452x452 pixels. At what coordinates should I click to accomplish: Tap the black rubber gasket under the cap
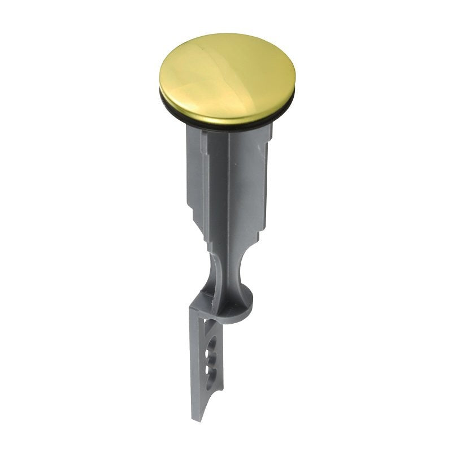tap(226, 125)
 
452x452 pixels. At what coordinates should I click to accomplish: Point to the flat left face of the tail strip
tap(195, 362)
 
